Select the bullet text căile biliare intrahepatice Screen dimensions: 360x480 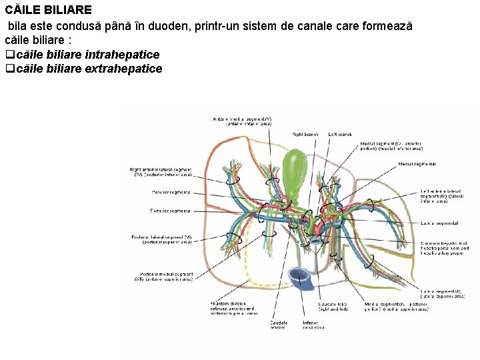[87, 55]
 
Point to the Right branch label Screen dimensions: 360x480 [304, 134]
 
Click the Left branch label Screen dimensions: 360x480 [340, 134]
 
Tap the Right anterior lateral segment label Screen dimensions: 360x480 [161, 172]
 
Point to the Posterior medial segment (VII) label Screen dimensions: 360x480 [167, 277]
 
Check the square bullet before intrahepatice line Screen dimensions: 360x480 [9, 55]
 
